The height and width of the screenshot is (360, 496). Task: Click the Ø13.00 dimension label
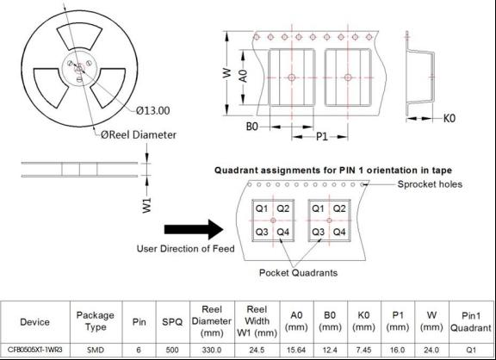(x=152, y=110)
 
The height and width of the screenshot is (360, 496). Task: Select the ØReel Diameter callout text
(x=139, y=134)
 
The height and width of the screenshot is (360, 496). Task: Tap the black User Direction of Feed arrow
(x=194, y=229)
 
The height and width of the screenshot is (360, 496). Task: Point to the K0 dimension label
(x=449, y=118)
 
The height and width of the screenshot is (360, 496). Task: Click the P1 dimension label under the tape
(x=322, y=137)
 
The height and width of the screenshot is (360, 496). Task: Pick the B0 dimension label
(x=252, y=127)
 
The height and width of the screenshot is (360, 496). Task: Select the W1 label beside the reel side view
(x=146, y=205)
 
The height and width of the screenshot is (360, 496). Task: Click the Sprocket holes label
(x=430, y=184)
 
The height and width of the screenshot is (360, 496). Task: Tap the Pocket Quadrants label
(x=298, y=273)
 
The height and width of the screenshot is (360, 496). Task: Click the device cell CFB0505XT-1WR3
(x=35, y=350)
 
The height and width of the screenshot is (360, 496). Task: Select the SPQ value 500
(x=172, y=351)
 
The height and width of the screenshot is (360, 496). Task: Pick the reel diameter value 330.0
(x=212, y=351)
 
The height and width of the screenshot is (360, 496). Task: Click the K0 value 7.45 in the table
(x=363, y=351)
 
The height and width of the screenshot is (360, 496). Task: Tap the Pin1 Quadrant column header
(x=471, y=322)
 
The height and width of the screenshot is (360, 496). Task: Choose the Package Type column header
(x=96, y=321)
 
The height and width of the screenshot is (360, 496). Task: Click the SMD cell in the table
(x=96, y=351)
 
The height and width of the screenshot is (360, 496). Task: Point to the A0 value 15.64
(x=296, y=351)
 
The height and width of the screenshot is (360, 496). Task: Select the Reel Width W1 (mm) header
(x=257, y=321)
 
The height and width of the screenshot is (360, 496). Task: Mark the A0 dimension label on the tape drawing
(x=243, y=76)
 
